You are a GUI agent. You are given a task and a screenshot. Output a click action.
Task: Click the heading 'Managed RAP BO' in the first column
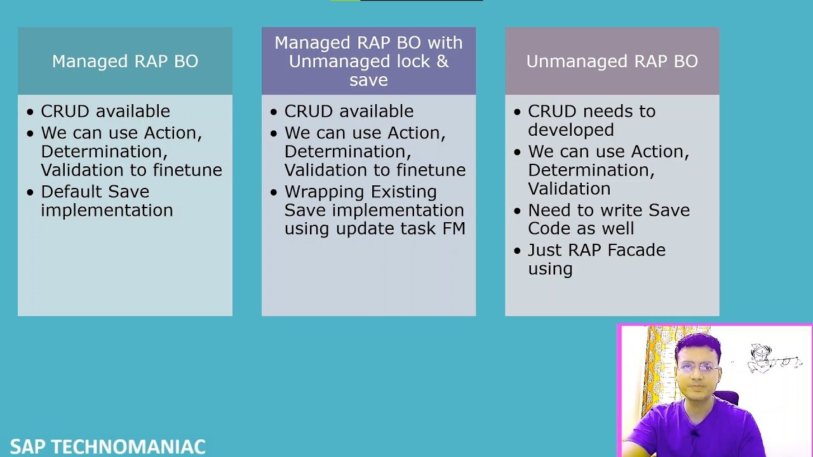pyautogui.click(x=125, y=62)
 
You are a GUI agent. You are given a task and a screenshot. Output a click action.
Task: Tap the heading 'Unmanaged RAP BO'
pyautogui.click(x=612, y=62)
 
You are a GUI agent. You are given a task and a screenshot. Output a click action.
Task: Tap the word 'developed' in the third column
pyautogui.click(x=561, y=130)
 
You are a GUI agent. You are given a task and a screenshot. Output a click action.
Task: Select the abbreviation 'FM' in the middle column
pyautogui.click(x=454, y=228)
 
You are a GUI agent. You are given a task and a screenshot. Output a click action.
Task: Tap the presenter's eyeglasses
pyautogui.click(x=698, y=367)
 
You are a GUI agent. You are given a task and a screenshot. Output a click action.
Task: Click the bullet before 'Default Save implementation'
pyautogui.click(x=30, y=192)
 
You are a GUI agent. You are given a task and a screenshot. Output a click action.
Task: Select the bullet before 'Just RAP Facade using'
pyautogui.click(x=518, y=251)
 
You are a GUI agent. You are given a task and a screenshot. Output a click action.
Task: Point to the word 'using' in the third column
pyautogui.click(x=550, y=269)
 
